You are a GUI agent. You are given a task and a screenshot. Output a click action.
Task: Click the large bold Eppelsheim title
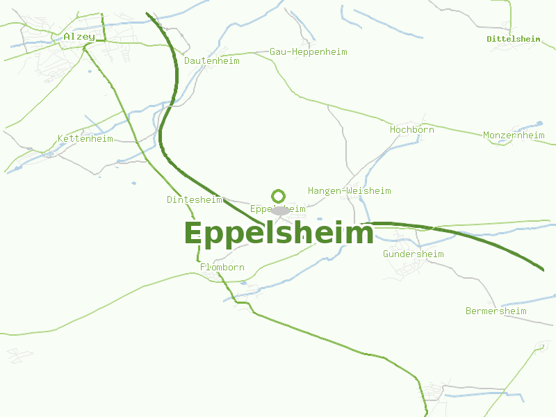pos(279,234)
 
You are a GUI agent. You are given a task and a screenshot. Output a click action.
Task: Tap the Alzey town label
pos(79,36)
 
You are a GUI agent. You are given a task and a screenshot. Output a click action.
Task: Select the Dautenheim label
pos(211,60)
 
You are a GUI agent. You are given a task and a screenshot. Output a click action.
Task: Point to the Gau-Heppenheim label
pos(308,51)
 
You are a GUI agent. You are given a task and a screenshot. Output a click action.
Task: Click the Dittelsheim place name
pos(514,39)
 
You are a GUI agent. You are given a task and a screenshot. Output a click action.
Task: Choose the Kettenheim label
pos(85,138)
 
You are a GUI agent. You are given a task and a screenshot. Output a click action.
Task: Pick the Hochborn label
pos(411,129)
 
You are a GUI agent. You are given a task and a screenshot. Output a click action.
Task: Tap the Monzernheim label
pos(514,135)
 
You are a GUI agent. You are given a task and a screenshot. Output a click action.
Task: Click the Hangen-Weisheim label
pos(349,190)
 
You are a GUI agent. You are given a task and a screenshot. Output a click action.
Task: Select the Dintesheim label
pos(194,199)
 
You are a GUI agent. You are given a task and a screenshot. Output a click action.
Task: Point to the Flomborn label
pos(222,267)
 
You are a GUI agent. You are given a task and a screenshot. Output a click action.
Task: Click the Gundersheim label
pos(413,254)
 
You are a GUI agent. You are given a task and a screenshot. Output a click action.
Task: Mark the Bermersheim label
pos(496,311)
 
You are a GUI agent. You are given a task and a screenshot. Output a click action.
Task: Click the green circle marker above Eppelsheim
pos(279,196)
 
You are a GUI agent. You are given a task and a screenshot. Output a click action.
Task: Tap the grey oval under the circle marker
pos(280,210)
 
